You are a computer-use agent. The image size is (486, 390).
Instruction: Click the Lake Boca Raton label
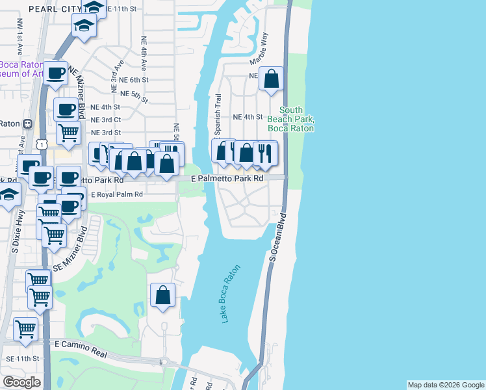(230, 294)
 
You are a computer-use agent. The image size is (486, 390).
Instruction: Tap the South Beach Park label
(298, 120)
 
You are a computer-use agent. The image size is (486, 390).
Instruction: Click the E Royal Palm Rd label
(116, 194)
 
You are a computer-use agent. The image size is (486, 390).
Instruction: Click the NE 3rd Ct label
(105, 120)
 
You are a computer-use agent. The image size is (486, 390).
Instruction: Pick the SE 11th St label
(22, 358)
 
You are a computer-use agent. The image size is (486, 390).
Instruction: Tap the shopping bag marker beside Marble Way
(272, 79)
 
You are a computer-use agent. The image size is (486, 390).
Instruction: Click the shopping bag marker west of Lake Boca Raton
(162, 295)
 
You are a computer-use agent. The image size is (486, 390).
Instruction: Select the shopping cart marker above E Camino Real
(26, 328)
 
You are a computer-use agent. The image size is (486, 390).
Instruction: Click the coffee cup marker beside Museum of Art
(57, 73)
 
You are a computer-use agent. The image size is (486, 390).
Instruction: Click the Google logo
(22, 382)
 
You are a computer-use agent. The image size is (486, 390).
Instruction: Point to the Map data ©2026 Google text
(445, 385)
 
